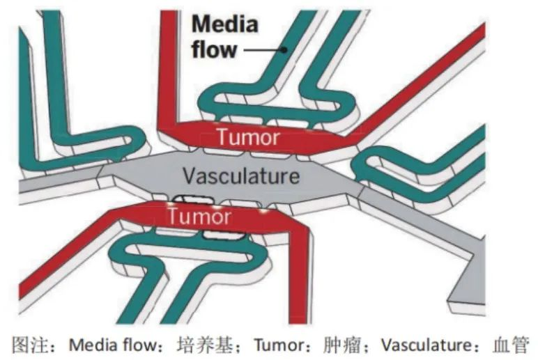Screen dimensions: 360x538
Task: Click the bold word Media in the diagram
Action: [x=225, y=25]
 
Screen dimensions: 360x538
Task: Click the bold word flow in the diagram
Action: [x=215, y=50]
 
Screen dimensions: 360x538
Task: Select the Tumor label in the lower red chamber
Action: [x=199, y=216]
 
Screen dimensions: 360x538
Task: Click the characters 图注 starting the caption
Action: [x=27, y=345]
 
